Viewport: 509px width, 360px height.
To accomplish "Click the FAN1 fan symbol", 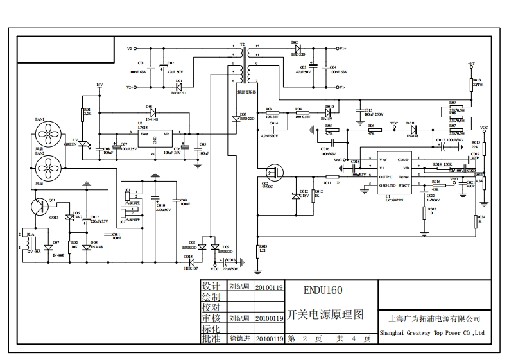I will click(x=46, y=135).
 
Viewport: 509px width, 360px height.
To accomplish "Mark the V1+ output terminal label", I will click(x=343, y=49).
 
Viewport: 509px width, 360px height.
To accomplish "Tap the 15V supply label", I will click(x=99, y=85).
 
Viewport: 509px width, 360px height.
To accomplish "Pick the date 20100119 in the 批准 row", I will click(x=269, y=338).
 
